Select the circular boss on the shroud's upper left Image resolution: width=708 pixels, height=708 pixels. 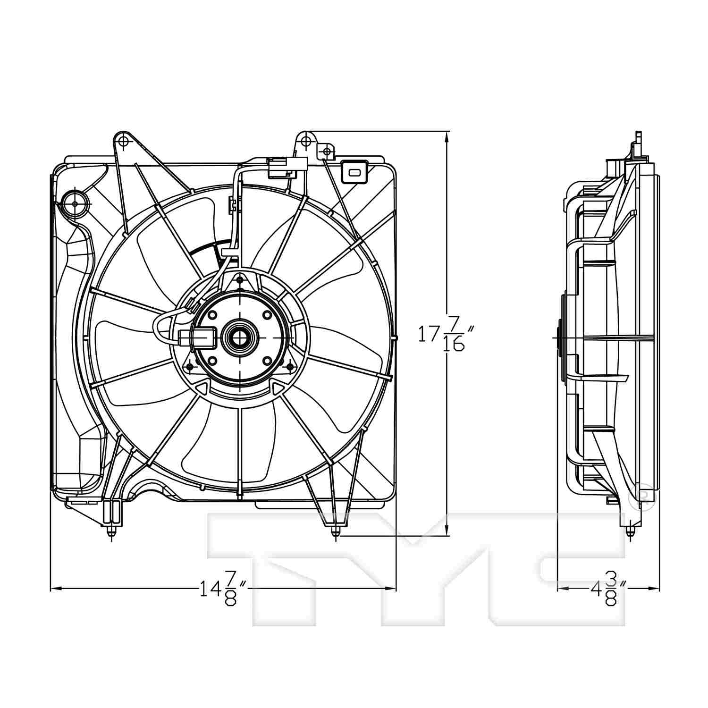pyautogui.click(x=75, y=203)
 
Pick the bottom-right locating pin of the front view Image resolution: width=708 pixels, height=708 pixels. pyautogui.click(x=335, y=532)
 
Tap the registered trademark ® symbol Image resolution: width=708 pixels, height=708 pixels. pyautogui.click(x=641, y=496)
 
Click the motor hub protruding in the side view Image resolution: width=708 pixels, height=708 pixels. pyautogui.click(x=560, y=338)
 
